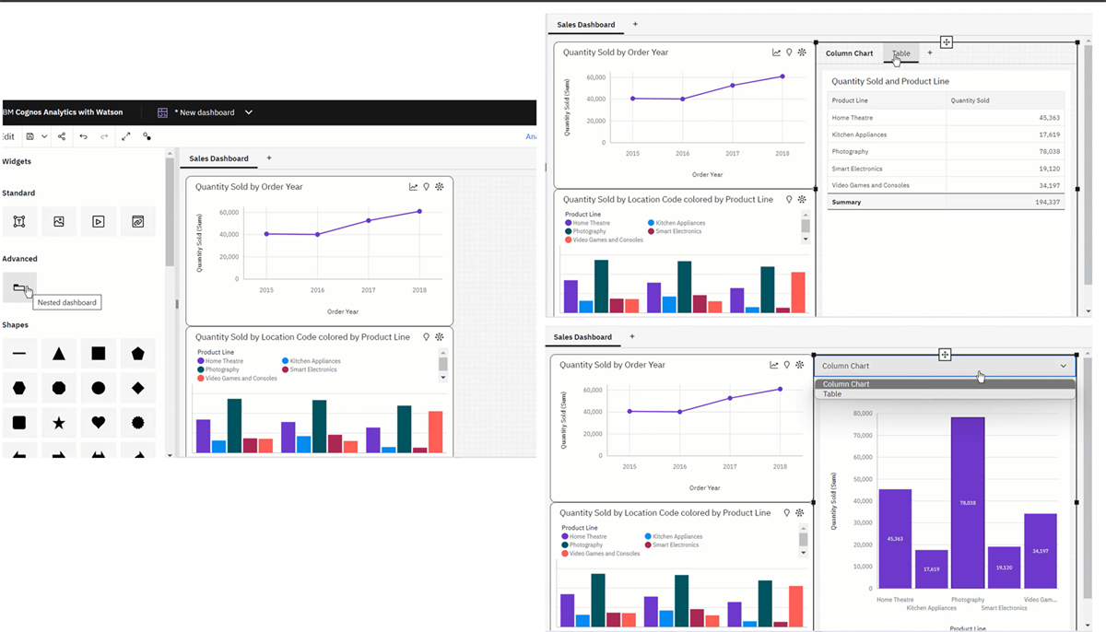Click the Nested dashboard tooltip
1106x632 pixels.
coord(67,303)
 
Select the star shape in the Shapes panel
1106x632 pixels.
coord(59,423)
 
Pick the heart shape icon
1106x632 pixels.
coord(99,423)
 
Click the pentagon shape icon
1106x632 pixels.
coord(138,354)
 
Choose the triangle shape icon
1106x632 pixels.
coord(59,354)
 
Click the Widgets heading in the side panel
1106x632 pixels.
coord(17,161)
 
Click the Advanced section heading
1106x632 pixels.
coord(19,259)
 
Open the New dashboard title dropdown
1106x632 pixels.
coord(248,112)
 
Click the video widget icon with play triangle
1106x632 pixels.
coord(99,221)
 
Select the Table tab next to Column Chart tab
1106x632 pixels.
coord(900,53)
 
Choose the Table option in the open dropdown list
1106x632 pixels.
coord(832,394)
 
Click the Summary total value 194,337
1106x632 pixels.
coord(1047,202)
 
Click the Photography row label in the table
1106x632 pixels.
coord(850,152)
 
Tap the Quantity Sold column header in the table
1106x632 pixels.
coord(970,100)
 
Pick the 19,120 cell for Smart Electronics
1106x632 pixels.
coord(1049,169)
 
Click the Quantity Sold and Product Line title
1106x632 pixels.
coord(889,81)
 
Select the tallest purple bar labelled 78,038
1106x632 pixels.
coord(968,502)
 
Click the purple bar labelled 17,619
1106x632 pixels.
coord(931,569)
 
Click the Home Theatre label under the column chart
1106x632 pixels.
coord(895,600)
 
